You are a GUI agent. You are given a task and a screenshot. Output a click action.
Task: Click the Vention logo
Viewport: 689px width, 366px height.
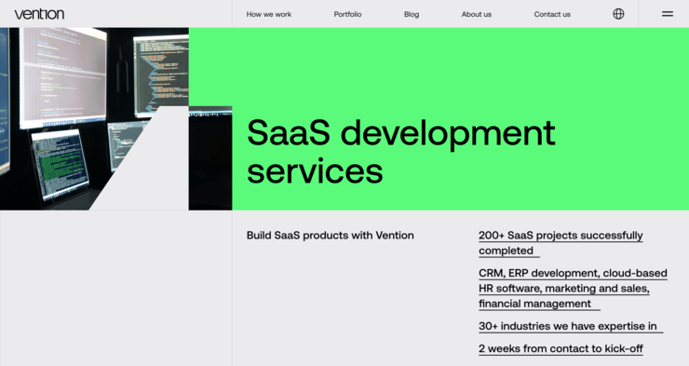(39, 14)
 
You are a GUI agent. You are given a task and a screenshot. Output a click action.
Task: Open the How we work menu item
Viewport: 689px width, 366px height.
(269, 14)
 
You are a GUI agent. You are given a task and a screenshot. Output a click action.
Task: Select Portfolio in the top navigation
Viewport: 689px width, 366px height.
(347, 14)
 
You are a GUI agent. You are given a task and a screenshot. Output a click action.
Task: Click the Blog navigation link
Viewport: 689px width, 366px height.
(412, 14)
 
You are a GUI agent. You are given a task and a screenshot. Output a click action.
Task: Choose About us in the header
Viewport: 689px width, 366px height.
(477, 14)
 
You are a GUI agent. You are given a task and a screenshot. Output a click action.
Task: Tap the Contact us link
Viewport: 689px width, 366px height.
(552, 14)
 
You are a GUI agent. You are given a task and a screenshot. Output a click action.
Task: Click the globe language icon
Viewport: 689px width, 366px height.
(619, 14)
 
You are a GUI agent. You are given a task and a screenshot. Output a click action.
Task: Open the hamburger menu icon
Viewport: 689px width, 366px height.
(668, 14)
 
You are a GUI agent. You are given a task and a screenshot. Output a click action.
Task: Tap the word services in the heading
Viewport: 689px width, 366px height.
(315, 172)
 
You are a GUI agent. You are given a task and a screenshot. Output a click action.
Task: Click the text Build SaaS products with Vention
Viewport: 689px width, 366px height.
(330, 236)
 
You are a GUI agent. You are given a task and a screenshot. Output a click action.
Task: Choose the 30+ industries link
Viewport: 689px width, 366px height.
(569, 326)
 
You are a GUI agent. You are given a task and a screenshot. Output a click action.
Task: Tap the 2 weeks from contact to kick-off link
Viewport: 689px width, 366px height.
(561, 348)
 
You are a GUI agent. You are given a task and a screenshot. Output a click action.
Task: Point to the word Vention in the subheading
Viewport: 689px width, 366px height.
(395, 236)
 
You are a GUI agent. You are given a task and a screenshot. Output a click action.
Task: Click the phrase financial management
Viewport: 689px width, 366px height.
(534, 304)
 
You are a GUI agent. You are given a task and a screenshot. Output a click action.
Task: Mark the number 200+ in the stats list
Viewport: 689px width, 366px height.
(491, 236)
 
